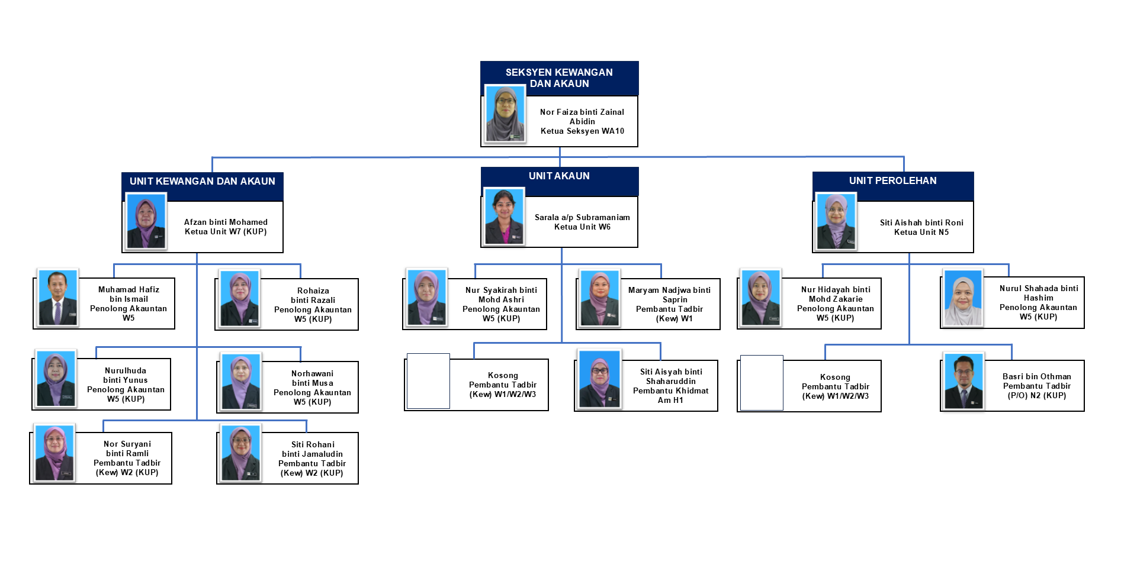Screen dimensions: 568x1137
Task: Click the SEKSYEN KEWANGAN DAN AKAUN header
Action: pyautogui.click(x=559, y=78)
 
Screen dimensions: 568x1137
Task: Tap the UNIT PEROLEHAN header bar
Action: pyautogui.click(x=892, y=181)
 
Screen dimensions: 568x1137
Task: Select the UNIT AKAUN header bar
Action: pyautogui.click(x=559, y=176)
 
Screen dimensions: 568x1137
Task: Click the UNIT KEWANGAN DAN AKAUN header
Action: pyautogui.click(x=202, y=182)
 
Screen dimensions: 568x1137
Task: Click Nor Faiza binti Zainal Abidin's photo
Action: pyautogui.click(x=505, y=114)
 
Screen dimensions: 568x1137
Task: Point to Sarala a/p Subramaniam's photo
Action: pyautogui.click(x=505, y=216)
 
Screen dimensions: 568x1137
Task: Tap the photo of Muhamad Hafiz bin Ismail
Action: pyautogui.click(x=57, y=298)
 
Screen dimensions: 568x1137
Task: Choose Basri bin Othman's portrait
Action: pyautogui.click(x=963, y=381)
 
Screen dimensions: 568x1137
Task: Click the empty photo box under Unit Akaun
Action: pyautogui.click(x=428, y=381)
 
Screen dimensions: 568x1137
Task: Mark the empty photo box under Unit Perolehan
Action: pyautogui.click(x=762, y=382)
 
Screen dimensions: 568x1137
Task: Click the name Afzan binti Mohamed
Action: pyautogui.click(x=226, y=222)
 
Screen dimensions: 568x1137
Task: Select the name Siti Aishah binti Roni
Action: pyautogui.click(x=921, y=222)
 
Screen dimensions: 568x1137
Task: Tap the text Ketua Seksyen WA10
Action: pyautogui.click(x=582, y=131)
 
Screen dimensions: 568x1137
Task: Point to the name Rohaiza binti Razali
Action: pyautogui.click(x=313, y=295)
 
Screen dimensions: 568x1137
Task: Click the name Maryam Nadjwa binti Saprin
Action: pyautogui.click(x=669, y=295)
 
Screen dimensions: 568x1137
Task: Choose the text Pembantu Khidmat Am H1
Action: pyautogui.click(x=670, y=395)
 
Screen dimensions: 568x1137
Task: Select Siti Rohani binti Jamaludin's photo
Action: pyautogui.click(x=240, y=453)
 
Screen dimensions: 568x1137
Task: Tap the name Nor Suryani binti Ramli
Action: pyautogui.click(x=127, y=448)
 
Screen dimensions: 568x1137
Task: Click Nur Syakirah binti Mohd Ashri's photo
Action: pyautogui.click(x=426, y=298)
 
